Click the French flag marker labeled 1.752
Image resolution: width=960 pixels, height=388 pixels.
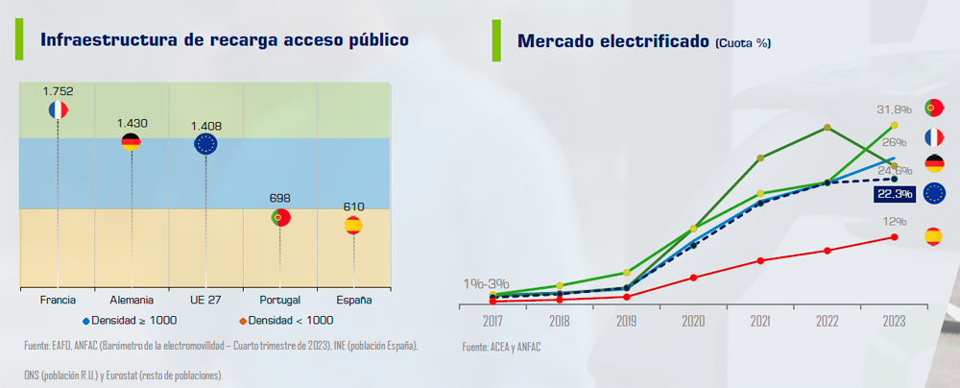58,109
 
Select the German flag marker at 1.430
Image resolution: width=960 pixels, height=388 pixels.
132,142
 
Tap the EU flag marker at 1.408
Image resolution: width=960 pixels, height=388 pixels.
205,144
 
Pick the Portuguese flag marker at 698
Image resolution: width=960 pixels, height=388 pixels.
280,217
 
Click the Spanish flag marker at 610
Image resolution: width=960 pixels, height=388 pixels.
353,226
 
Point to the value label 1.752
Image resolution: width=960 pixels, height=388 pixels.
58,91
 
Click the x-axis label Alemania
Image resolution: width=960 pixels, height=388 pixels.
132,301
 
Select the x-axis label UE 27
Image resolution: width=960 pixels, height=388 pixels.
205,301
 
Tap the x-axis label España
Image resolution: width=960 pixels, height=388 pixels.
353,301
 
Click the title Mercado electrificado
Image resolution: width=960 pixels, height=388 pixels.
613,41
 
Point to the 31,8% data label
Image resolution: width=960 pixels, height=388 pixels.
893,109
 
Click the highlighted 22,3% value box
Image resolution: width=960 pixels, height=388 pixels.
893,194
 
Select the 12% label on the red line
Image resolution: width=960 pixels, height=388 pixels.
894,221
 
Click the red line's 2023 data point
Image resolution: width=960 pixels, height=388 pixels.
894,236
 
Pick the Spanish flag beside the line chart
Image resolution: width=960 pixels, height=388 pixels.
932,236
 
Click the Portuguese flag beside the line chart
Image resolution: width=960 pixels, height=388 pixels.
932,108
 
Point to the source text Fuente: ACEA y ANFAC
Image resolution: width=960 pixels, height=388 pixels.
501,346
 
